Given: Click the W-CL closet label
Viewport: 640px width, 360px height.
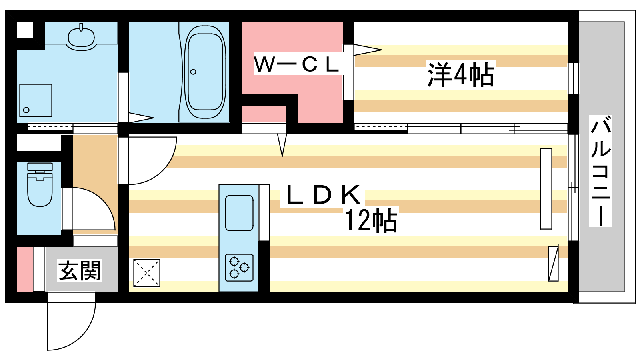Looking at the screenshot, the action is (x=297, y=64).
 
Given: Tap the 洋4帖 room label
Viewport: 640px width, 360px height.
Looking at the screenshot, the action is (x=460, y=74).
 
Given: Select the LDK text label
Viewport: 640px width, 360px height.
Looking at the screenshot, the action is (x=323, y=195).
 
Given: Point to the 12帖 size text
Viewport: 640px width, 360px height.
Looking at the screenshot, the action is (x=371, y=220).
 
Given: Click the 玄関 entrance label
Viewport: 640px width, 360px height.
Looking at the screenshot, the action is (x=80, y=270).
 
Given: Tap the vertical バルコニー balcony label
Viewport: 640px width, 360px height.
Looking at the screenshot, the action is (x=600, y=171).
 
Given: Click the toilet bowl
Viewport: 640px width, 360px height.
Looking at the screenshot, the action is (x=40, y=185).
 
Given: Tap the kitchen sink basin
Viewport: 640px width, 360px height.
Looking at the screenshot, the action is (x=239, y=213).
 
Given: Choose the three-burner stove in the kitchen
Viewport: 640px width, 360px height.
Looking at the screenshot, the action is (x=239, y=268).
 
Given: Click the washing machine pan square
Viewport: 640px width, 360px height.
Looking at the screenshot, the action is (x=36, y=100).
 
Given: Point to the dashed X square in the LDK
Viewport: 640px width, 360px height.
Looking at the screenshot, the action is (x=147, y=273).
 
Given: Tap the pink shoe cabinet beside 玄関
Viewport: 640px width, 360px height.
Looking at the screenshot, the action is (x=25, y=269).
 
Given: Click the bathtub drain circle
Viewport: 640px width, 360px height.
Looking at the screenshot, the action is (x=194, y=72).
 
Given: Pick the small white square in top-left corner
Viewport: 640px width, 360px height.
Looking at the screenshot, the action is (x=25, y=30).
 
